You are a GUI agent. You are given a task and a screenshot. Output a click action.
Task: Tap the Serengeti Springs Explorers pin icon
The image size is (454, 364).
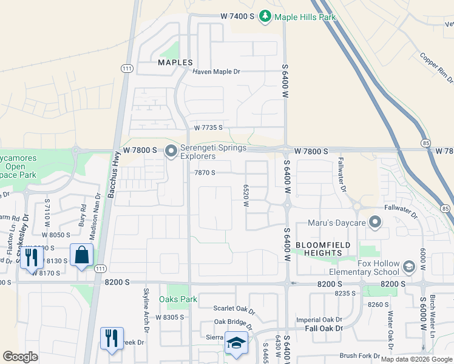click(171, 151)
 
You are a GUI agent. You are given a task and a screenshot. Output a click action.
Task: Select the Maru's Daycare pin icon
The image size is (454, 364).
click(375, 223)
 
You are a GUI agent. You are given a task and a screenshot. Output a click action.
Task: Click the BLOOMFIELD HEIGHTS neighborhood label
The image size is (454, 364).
click(319, 249)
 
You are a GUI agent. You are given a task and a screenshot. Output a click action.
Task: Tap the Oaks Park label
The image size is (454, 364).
click(178, 299)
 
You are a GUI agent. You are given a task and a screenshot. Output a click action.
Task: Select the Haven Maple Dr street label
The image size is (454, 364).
click(217, 72)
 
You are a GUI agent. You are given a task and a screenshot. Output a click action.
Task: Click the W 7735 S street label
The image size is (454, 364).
click(209, 128)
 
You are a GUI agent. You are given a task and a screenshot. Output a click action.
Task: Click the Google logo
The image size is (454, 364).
click(20, 357)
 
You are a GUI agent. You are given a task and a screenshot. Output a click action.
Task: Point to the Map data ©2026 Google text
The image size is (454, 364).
click(416, 359)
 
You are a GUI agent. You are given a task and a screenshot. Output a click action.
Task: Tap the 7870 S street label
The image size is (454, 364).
click(205, 173)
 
